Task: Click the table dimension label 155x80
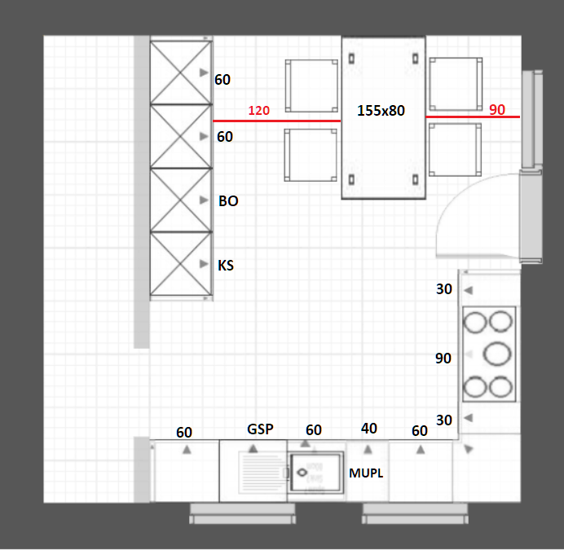(x=381, y=111)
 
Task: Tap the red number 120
(x=258, y=111)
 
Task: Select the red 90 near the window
(x=497, y=109)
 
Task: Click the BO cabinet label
(x=228, y=200)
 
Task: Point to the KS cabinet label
(x=226, y=265)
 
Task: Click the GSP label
(x=261, y=429)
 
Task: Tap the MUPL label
(x=366, y=473)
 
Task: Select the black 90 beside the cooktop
(x=443, y=359)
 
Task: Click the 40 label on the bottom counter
(x=369, y=429)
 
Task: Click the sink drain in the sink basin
(x=302, y=473)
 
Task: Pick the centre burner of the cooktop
(x=496, y=354)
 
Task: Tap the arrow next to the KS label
(x=204, y=264)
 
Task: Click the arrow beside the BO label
(x=204, y=200)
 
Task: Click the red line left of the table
(x=277, y=121)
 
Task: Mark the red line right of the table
(x=473, y=117)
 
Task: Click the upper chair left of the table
(x=311, y=86)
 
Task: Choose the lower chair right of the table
(x=455, y=150)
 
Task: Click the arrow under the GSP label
(x=253, y=449)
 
